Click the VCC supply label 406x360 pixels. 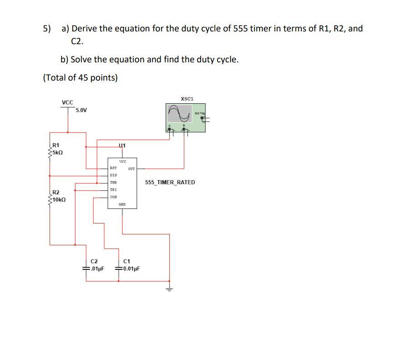coord(67,102)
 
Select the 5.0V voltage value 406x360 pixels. coord(82,110)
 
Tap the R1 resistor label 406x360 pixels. coord(56,146)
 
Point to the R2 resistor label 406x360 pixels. coord(56,193)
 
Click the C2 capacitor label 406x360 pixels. coord(94,261)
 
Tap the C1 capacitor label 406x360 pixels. coord(127,261)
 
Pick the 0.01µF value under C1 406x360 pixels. coord(130,268)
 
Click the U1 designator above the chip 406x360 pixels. coord(122,146)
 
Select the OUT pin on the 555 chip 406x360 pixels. coord(132,168)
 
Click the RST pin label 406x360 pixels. coord(113,168)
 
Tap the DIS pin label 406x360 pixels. coord(113,175)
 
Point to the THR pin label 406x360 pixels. coord(113,182)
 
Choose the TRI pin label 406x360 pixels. coord(113,189)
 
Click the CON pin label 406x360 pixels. coord(113,197)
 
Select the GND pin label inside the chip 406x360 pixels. coord(122,204)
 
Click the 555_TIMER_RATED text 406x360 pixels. coord(170,183)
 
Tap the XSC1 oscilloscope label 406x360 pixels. coord(187,98)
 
